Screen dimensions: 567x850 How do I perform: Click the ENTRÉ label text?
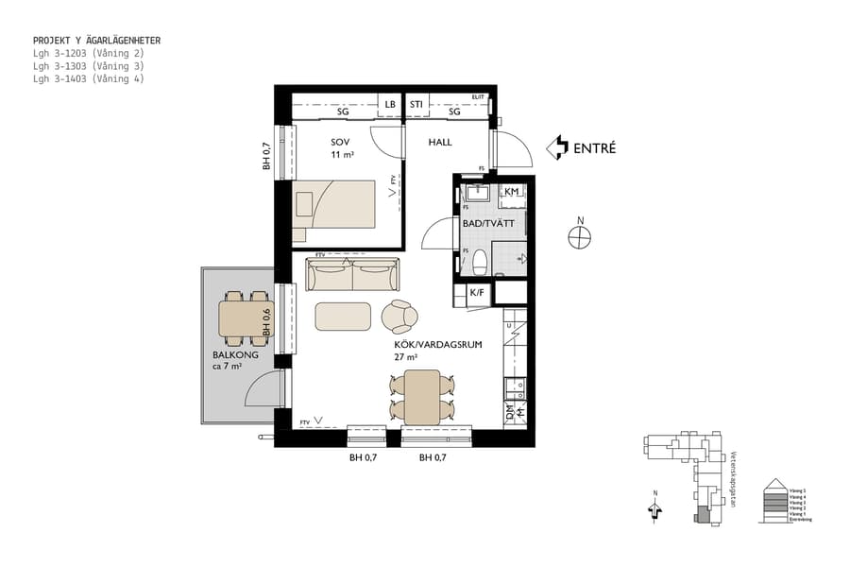click(594, 147)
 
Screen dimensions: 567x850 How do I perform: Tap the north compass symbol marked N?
click(580, 237)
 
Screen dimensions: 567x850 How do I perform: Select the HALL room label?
click(440, 143)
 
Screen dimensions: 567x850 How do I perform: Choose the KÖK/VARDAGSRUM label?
click(438, 345)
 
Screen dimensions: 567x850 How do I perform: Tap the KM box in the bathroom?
click(512, 192)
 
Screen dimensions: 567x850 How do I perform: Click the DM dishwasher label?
click(511, 413)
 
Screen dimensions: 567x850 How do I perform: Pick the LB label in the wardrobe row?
click(389, 105)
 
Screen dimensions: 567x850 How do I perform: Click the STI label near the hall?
click(416, 105)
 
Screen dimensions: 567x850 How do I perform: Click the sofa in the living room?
click(353, 276)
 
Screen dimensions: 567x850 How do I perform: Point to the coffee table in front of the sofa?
click(343, 316)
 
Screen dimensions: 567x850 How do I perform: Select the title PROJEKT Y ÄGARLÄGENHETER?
click(96, 41)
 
